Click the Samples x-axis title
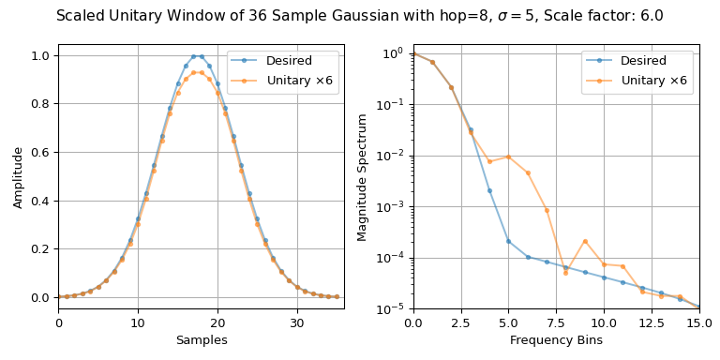(201, 340)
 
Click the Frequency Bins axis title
(556, 340)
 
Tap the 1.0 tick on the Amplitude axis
(40, 55)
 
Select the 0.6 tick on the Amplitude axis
(40, 152)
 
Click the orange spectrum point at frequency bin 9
(585, 241)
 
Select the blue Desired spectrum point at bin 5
(508, 241)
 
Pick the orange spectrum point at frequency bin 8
(565, 273)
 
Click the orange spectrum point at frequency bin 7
(547, 210)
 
